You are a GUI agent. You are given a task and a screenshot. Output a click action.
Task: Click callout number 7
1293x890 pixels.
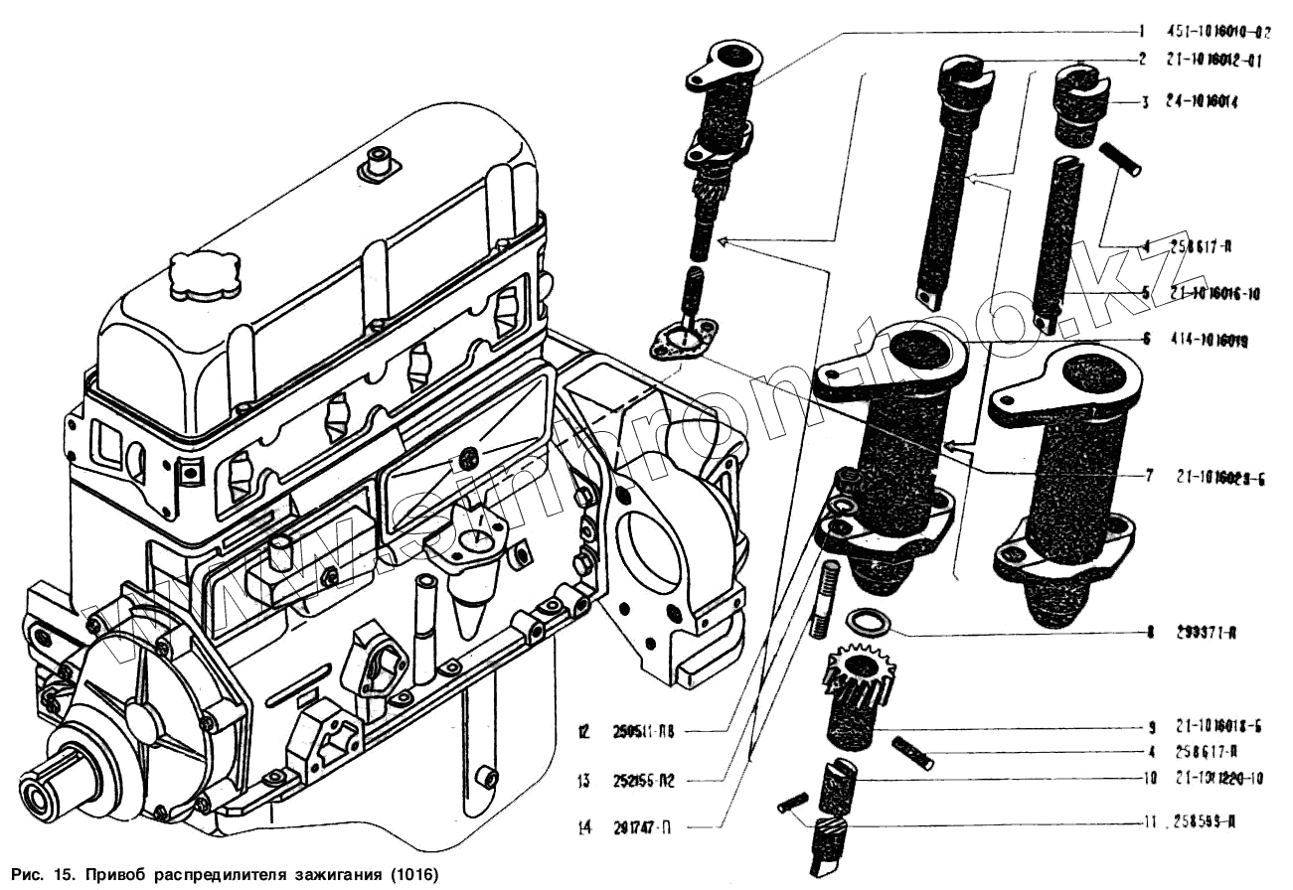pyautogui.click(x=1148, y=476)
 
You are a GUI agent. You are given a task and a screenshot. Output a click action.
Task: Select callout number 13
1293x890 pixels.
pyautogui.click(x=584, y=780)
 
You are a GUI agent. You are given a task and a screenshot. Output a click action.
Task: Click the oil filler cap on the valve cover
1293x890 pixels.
pyautogui.click(x=204, y=275)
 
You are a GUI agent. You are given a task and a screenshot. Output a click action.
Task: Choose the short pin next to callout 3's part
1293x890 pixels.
pyautogui.click(x=1120, y=159)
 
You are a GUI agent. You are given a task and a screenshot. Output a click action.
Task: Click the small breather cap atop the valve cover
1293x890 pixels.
pyautogui.click(x=379, y=164)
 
